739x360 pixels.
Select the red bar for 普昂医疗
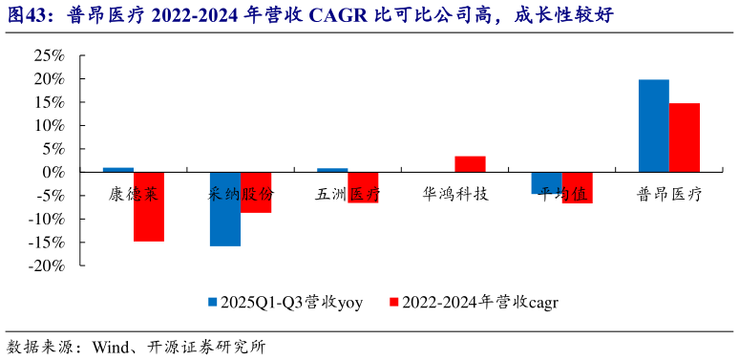684,138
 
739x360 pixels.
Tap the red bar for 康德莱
149,206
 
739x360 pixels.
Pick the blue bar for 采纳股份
225,209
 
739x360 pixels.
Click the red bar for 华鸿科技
470,164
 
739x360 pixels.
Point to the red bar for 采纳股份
256,192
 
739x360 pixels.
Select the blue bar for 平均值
546,182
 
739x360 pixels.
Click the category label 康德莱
134,194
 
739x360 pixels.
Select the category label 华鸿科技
454,194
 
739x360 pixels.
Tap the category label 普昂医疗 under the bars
668,194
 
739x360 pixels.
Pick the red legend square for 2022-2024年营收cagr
393,302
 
